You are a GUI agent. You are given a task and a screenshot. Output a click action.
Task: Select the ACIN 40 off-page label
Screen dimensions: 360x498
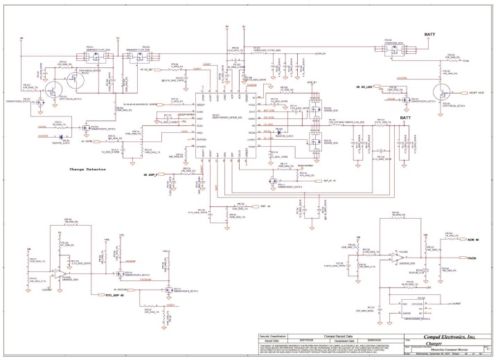pyautogui.click(x=473, y=240)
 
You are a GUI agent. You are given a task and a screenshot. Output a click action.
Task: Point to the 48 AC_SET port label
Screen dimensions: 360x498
pyautogui.click(x=148, y=71)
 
